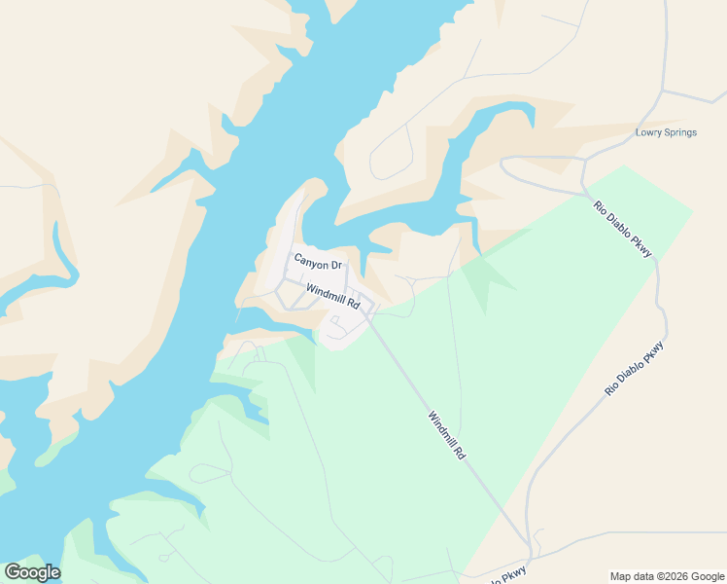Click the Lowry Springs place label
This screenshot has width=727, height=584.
(666, 132)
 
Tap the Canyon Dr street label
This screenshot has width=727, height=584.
(318, 264)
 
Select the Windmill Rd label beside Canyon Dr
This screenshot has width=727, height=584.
(332, 296)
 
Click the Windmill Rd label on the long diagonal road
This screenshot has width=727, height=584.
(447, 435)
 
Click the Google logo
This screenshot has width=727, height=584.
(32, 572)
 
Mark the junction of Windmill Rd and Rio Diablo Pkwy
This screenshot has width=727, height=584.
(530, 544)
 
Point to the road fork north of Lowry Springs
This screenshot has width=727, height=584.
(662, 91)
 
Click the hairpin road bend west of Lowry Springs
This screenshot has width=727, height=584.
(504, 162)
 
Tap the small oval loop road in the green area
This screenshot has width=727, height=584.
(209, 474)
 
